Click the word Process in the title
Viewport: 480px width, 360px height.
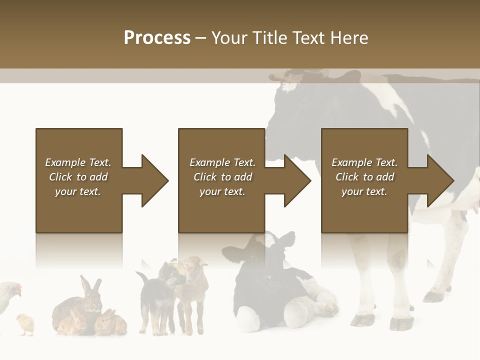[x=157, y=38]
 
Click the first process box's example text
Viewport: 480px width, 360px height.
[x=78, y=177]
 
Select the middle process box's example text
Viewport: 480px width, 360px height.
[x=222, y=177]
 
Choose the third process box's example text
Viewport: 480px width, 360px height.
[x=364, y=177]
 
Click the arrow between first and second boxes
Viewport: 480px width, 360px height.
[x=147, y=180]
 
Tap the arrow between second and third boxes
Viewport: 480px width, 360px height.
[x=290, y=180]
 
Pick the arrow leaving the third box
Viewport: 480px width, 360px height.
[x=433, y=180]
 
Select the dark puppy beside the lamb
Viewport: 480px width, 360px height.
[x=152, y=300]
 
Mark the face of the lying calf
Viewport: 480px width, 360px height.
[x=272, y=252]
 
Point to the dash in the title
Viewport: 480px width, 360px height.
[x=201, y=38]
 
